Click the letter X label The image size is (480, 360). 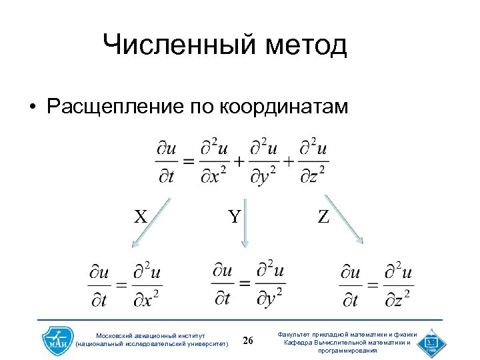pos(140,217)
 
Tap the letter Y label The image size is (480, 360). pos(234,217)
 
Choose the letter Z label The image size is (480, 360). pos(323,217)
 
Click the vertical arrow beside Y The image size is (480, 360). pos(245,223)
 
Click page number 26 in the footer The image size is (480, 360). pos(249,341)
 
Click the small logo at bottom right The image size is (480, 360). pos(430,342)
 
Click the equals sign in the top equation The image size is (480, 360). pos(189,161)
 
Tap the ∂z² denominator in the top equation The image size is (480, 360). pos(312,175)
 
